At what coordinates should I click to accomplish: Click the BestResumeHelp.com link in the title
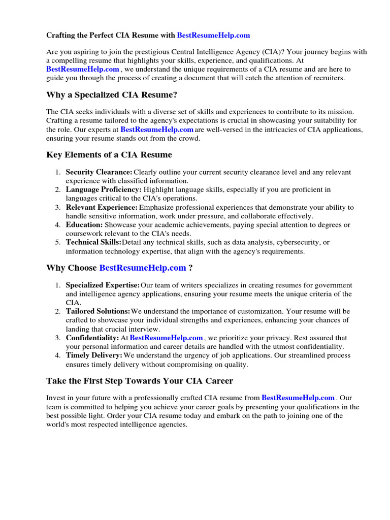(213, 36)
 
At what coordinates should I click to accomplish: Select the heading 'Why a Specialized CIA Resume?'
(112, 94)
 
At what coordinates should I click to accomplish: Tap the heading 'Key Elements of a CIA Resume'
(109, 155)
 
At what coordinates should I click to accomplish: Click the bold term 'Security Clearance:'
(99, 173)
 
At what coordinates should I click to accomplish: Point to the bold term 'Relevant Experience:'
(102, 208)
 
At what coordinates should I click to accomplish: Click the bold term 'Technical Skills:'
(93, 242)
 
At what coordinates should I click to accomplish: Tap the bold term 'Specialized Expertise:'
(103, 285)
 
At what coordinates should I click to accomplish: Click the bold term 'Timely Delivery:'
(94, 355)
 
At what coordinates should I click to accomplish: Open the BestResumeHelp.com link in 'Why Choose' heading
(143, 268)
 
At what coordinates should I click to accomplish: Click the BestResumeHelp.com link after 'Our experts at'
(157, 129)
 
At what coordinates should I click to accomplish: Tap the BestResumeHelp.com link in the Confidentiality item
(167, 338)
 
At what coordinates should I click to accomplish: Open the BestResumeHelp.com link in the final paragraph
(298, 398)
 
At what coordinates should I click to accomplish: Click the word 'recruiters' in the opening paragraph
(326, 78)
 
